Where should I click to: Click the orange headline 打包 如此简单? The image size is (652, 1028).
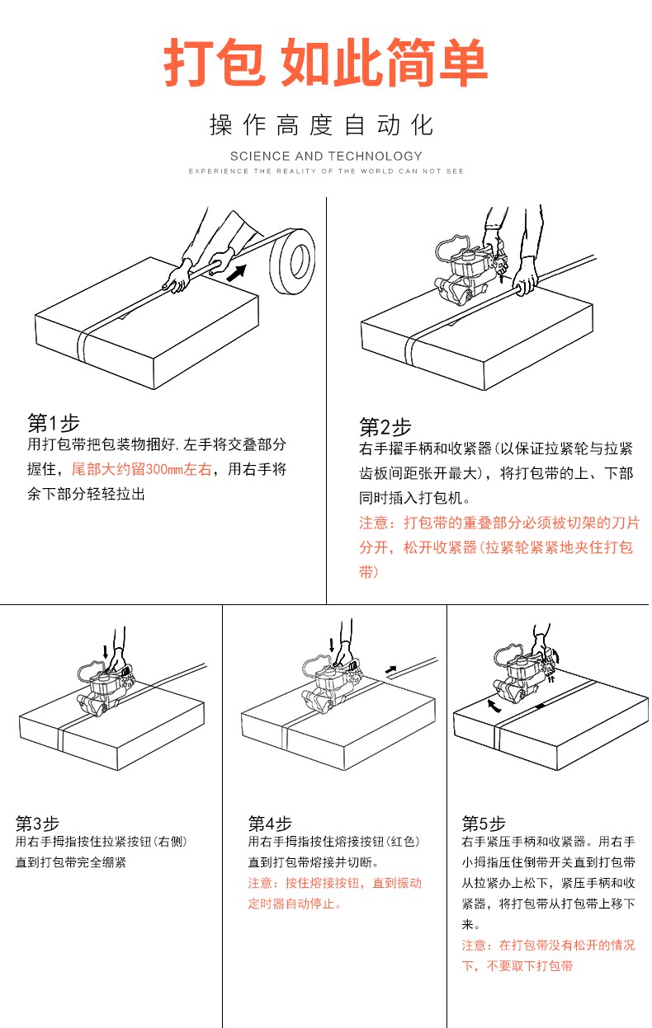[x=325, y=63]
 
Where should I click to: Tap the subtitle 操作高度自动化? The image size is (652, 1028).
[x=322, y=126]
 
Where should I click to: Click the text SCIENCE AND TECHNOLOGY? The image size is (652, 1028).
[x=326, y=156]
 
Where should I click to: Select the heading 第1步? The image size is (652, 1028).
[x=54, y=423]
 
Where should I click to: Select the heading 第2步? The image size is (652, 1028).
[x=385, y=427]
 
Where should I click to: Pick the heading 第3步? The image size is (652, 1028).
[x=38, y=823]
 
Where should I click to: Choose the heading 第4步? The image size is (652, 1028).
[x=270, y=823]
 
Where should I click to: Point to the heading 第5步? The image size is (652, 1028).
[x=483, y=823]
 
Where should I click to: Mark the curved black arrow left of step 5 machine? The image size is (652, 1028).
[x=494, y=706]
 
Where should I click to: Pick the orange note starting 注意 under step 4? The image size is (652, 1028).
[x=334, y=893]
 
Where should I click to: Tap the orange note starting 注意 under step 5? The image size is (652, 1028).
[x=548, y=955]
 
